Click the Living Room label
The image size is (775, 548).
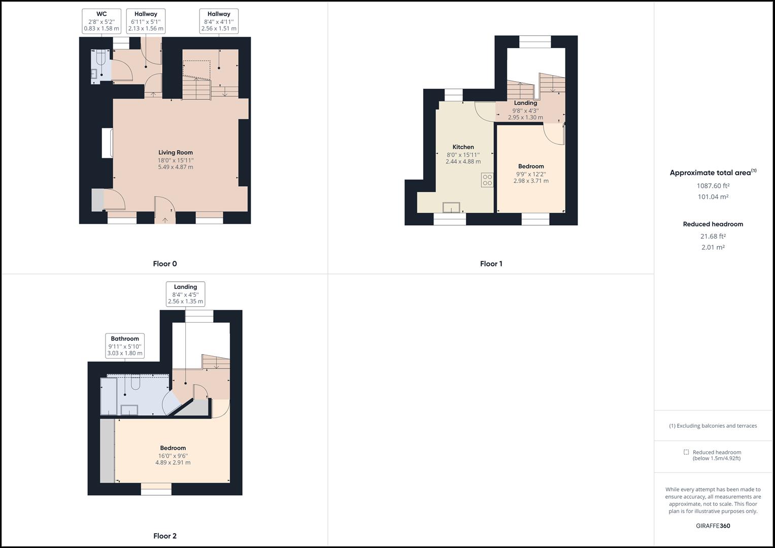coord(175,152)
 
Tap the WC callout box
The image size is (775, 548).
coord(102,21)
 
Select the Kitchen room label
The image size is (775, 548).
coord(463,147)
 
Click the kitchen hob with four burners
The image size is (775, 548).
coord(487,180)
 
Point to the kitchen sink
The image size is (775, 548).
coord(451,208)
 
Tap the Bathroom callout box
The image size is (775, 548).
coord(125,346)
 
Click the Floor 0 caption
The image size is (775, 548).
coord(165,264)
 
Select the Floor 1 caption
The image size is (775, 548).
coord(491,264)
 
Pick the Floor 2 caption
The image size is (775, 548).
coord(165,536)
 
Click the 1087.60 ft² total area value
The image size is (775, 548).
coord(713,186)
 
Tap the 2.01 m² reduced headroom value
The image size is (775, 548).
coord(713,248)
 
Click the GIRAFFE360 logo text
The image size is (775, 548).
coord(713,526)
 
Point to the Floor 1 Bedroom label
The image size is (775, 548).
coord(531,166)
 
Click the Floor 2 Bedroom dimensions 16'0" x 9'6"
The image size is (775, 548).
coord(173,456)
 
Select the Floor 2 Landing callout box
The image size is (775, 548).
coord(185,294)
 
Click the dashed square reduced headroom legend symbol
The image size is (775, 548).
coord(686,452)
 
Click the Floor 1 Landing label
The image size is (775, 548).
coord(525,103)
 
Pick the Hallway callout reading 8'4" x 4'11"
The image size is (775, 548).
coord(219,21)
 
